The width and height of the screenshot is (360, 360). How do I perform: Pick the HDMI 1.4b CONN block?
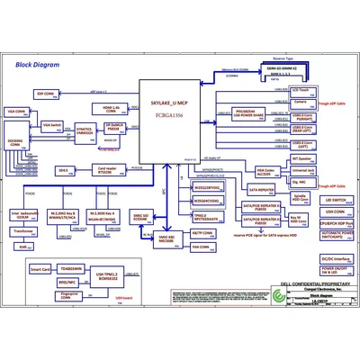[x=109, y=108]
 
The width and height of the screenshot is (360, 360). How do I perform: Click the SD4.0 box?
[x=63, y=169]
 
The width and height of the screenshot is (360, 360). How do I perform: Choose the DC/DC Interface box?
[x=333, y=258]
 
